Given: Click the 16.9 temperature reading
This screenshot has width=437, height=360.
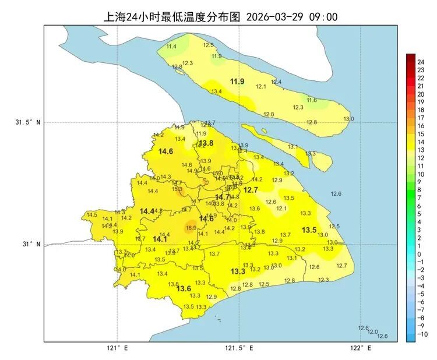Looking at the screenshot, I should (191, 228).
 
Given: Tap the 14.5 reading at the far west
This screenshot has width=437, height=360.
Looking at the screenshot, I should (91, 215).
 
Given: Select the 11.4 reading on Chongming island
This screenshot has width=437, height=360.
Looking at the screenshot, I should (171, 46).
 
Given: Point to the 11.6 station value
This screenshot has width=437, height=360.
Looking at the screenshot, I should (312, 100).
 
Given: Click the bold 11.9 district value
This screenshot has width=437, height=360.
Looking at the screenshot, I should (237, 81).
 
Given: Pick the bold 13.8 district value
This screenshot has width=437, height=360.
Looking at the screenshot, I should (206, 143).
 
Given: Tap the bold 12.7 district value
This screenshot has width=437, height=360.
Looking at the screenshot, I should (251, 190).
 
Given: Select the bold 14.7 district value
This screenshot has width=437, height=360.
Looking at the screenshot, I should (223, 197).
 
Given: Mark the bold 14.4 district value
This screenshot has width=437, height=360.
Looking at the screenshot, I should (147, 211).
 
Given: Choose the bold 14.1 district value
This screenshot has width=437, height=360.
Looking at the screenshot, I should (160, 239).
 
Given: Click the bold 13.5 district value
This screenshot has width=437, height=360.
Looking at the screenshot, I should (309, 230).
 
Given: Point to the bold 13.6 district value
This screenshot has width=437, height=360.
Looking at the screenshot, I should (184, 288).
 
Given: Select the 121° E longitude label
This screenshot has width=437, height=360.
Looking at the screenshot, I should (117, 348).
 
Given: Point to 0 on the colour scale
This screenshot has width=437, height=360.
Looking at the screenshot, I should (419, 254).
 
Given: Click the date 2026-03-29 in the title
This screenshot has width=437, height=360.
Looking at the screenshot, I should (277, 17).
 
